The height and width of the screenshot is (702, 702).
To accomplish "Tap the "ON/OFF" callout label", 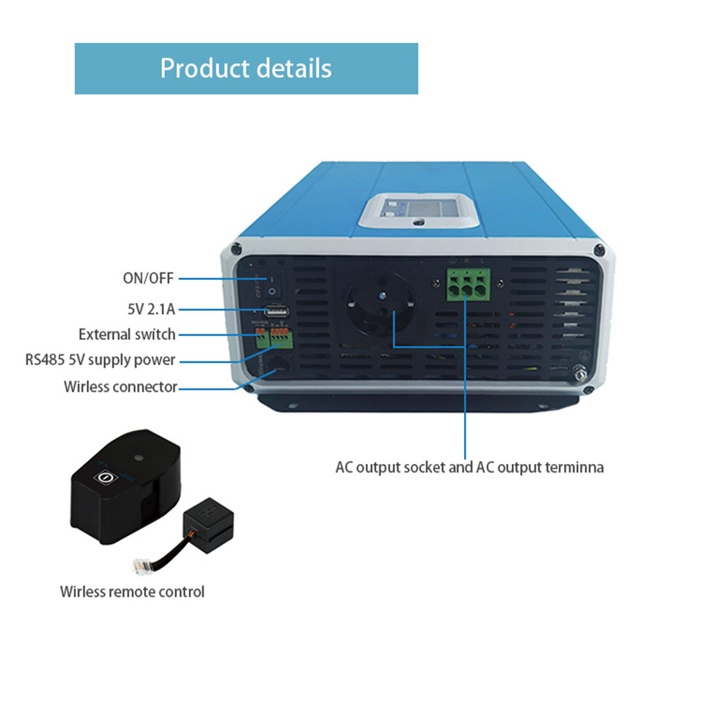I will tap(147, 279).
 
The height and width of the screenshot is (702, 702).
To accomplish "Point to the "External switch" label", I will tap(127, 334).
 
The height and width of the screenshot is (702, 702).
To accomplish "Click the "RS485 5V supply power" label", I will tap(100, 360).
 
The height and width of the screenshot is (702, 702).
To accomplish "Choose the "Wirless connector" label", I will tap(120, 386).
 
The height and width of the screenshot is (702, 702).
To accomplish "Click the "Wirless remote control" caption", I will tap(132, 591).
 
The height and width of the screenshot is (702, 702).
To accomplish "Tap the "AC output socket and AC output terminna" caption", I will tap(469, 467).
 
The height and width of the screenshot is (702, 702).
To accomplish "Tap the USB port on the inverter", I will tap(274, 310).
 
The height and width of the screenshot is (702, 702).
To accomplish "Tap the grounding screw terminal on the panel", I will tap(581, 376).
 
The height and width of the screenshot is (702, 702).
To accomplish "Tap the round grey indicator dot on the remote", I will tap(138, 456).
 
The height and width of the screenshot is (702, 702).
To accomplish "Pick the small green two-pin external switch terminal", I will tap(260, 338).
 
